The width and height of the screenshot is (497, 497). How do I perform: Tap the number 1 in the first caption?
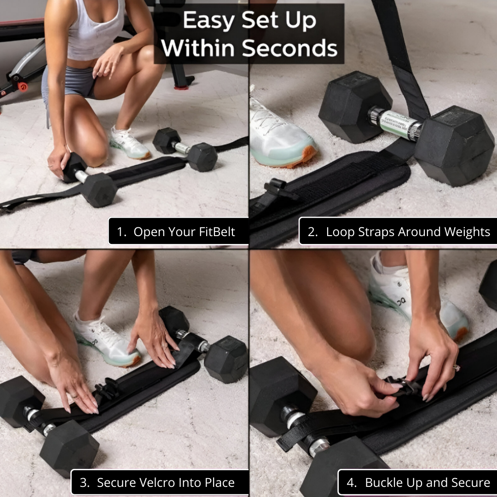point(120,232)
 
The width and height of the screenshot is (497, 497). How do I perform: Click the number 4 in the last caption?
point(351,483)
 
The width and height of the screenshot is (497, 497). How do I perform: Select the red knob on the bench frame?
point(23,87)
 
